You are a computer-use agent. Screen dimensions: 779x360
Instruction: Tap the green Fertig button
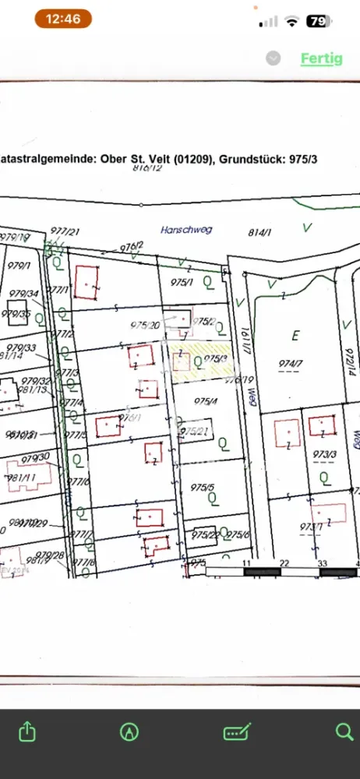[322, 58]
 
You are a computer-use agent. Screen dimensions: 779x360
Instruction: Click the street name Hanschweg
[185, 230]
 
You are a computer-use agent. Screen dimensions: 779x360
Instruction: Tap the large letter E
[295, 336]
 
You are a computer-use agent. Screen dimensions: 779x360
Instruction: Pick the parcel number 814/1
[259, 231]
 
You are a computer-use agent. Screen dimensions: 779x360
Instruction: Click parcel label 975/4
[205, 402]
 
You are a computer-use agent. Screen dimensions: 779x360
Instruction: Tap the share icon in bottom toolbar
[27, 731]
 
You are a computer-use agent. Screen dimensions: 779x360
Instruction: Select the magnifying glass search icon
[344, 731]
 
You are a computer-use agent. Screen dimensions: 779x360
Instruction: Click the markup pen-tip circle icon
[129, 731]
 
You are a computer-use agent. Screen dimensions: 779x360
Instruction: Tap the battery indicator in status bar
[317, 21]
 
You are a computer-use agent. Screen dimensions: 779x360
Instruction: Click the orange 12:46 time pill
[63, 19]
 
